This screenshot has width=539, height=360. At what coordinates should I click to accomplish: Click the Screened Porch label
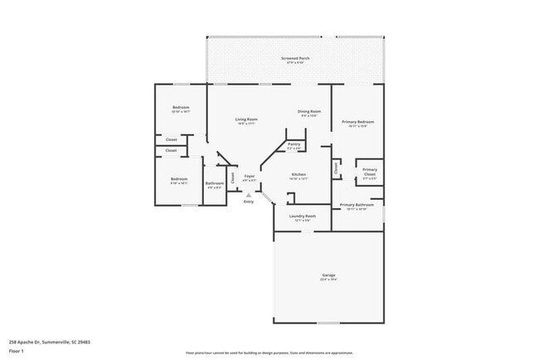(x=295, y=58)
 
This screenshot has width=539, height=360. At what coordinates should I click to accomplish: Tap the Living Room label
(x=246, y=119)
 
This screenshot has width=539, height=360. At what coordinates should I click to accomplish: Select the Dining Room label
(x=309, y=111)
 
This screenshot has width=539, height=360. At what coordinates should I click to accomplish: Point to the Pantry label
(x=294, y=144)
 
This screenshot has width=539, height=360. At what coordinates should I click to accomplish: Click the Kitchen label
(x=299, y=174)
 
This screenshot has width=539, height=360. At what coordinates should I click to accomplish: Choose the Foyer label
(x=249, y=176)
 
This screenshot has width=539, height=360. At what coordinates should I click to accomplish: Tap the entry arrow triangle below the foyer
(x=248, y=195)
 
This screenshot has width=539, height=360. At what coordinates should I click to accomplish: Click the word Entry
(x=248, y=202)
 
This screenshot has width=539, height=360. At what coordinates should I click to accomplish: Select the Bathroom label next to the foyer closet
(x=214, y=182)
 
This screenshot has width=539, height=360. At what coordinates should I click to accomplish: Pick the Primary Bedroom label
(x=358, y=122)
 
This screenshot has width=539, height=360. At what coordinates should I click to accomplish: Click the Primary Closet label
(x=369, y=172)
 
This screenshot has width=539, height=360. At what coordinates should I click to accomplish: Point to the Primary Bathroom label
(x=357, y=204)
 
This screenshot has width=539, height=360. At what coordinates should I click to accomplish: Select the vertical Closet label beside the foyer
(x=233, y=177)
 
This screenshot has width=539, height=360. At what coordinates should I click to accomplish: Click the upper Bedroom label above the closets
(x=181, y=108)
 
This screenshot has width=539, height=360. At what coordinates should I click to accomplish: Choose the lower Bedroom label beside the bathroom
(x=178, y=178)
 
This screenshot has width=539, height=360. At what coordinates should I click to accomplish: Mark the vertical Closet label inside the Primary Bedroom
(x=336, y=168)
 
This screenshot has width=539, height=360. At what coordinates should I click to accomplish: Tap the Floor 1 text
(x=16, y=351)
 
